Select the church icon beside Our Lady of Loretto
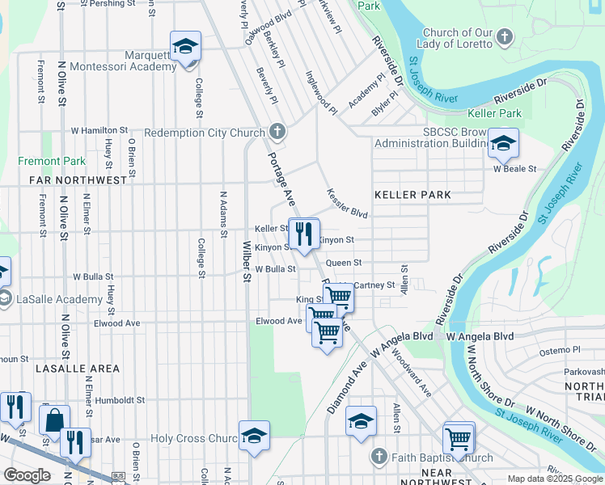504,36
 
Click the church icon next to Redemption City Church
277,132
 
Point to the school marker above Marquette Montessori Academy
185,46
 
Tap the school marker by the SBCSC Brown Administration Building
504,144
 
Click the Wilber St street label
247,260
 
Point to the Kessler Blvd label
347,204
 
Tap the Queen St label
343,263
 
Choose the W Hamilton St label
99,129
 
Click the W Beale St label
515,169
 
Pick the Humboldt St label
119,399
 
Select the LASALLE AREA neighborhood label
77,368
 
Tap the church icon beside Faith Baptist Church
378,458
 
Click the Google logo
27,475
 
